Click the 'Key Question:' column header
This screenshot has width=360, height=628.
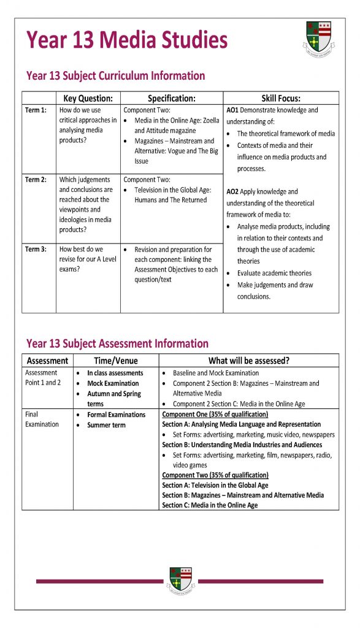click(88, 98)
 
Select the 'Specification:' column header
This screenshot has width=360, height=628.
click(172, 98)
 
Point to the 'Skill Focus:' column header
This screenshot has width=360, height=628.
click(281, 98)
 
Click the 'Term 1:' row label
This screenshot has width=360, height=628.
click(36, 110)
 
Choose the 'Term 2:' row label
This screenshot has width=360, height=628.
click(36, 180)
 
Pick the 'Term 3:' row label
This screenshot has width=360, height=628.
click(36, 250)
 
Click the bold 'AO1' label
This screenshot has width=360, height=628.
click(232, 110)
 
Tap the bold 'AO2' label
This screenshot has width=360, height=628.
click(232, 192)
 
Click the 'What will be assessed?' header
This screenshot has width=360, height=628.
click(249, 361)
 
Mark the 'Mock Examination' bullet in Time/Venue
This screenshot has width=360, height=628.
click(113, 383)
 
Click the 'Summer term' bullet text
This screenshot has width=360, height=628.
click(106, 425)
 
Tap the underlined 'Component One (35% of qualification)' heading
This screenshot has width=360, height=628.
click(215, 415)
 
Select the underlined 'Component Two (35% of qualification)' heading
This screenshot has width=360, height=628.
click(215, 475)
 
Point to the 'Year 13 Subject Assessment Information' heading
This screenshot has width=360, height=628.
click(117, 343)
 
